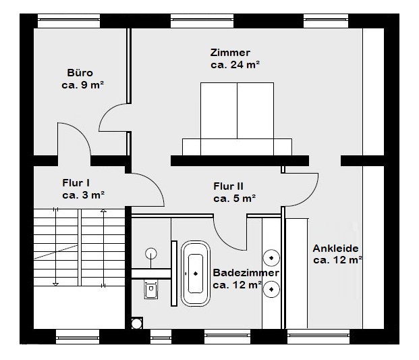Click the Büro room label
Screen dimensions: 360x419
[80, 73]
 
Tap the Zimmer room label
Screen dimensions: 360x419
[230, 53]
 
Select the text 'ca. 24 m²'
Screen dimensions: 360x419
[235, 65]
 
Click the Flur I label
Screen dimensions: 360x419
[76, 182]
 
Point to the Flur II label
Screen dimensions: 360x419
[228, 186]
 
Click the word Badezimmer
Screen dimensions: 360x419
[246, 273]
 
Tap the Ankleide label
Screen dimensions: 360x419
[335, 248]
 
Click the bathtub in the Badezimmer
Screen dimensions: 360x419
[196, 274]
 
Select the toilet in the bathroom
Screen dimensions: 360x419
[150, 290]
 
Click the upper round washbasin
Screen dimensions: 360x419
[271, 257]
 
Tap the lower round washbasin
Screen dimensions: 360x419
[271, 288]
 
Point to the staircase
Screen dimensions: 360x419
[78, 247]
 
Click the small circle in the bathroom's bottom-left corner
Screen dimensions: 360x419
[137, 324]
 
